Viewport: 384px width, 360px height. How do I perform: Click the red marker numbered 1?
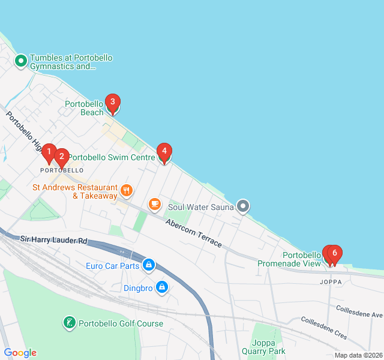tap(49, 154)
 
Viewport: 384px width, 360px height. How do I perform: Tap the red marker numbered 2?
tap(61, 157)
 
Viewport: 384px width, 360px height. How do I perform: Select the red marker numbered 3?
tap(112, 103)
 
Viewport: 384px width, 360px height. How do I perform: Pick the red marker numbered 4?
tap(164, 152)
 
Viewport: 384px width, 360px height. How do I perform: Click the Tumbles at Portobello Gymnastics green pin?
tap(20, 60)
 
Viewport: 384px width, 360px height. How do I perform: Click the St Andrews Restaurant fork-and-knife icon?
tap(126, 191)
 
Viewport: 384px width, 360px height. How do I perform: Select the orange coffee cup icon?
tap(155, 204)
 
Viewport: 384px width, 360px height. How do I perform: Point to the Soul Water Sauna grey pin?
tap(243, 207)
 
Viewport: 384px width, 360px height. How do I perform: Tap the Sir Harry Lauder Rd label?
tap(54, 240)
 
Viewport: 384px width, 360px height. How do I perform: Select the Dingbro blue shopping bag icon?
tap(161, 288)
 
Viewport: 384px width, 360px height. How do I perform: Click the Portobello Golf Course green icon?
tap(70, 323)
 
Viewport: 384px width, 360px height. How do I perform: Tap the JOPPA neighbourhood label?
tap(331, 281)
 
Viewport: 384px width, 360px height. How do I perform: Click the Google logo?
tap(20, 353)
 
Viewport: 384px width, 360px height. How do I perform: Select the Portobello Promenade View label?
tap(290, 259)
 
